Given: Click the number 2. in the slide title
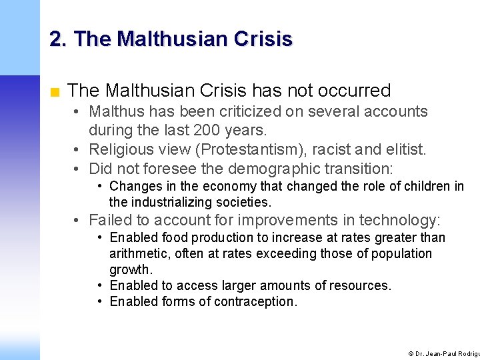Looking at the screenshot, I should pos(58,39).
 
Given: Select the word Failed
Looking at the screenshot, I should pos(109,220).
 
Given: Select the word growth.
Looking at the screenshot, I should pos(131,269).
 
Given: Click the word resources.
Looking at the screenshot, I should pos(361,285).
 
